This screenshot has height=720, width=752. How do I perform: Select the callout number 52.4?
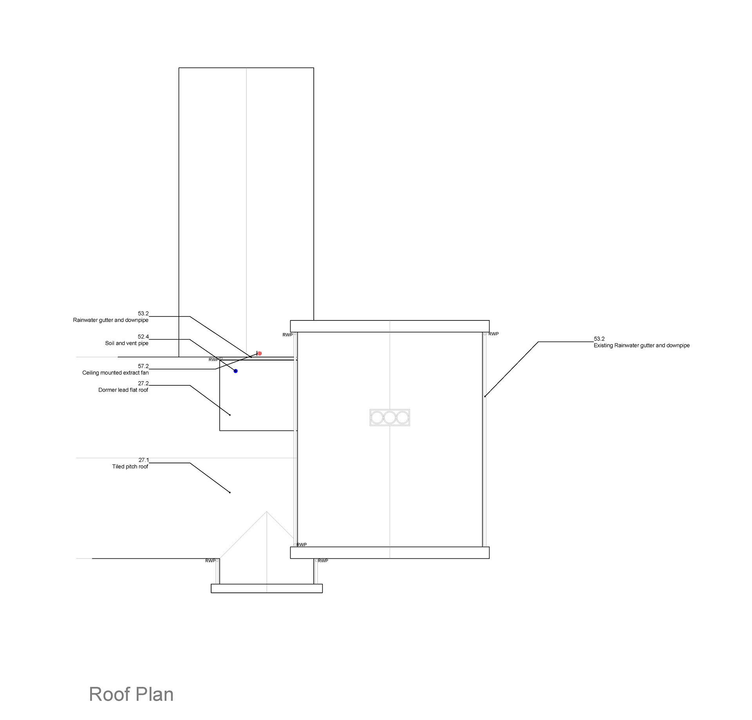click(x=143, y=337)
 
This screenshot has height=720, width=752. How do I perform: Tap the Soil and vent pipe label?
click(x=127, y=343)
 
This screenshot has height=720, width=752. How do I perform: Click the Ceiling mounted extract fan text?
click(x=115, y=373)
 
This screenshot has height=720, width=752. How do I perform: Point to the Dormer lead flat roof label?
click(x=123, y=390)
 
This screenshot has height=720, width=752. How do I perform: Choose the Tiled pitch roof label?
click(x=130, y=466)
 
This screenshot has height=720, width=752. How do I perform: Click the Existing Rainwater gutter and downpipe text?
click(x=642, y=346)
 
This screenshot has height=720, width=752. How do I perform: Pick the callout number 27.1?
click(x=144, y=460)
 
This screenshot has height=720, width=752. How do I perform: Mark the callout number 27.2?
click(x=143, y=383)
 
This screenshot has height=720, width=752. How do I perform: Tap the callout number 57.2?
click(x=143, y=366)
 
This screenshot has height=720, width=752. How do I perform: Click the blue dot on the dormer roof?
click(x=235, y=371)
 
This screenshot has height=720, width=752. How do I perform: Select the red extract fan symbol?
click(x=259, y=353)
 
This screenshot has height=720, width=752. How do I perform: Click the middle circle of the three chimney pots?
click(x=390, y=418)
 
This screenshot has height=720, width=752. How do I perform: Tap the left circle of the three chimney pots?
click(x=377, y=418)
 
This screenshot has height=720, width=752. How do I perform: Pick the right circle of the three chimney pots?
click(x=403, y=418)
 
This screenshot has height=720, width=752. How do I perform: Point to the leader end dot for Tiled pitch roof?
click(x=230, y=492)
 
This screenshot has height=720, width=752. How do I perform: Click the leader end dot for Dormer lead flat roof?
click(x=230, y=415)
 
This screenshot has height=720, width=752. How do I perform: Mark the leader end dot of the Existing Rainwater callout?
click(x=485, y=396)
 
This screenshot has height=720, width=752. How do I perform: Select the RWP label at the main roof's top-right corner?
click(x=493, y=334)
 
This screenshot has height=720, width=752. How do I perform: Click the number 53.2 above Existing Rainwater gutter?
click(x=599, y=339)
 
